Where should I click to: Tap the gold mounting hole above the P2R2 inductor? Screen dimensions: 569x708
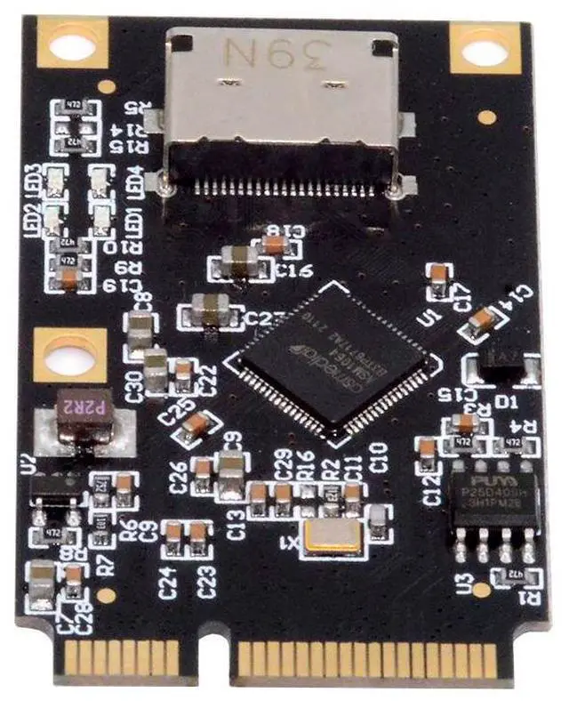tap(69, 355)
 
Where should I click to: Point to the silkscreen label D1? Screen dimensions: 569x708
tap(507, 403)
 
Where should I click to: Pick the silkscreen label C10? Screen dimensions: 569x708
tap(379, 455)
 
